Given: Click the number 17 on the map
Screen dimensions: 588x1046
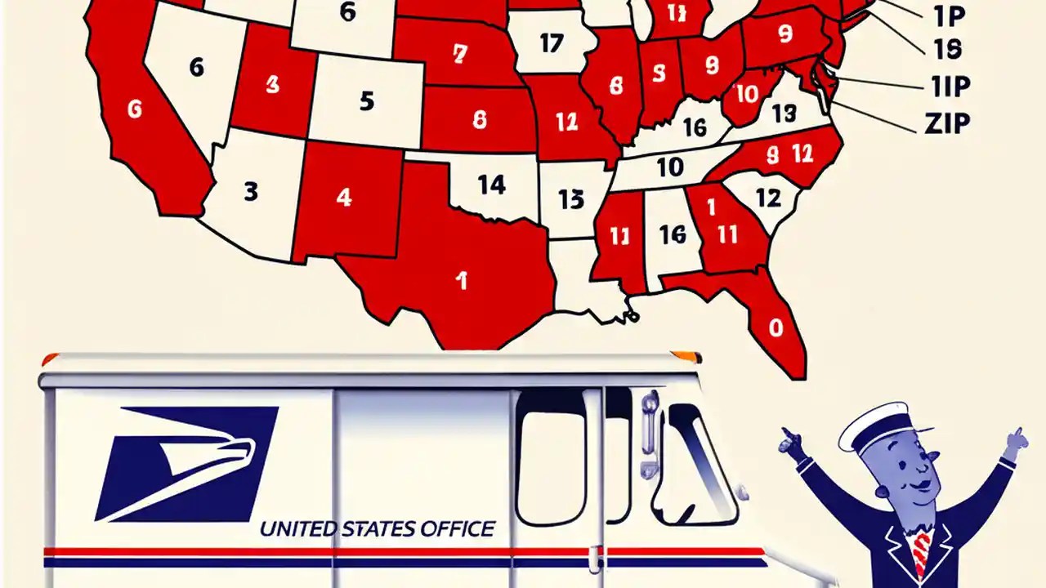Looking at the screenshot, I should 552,42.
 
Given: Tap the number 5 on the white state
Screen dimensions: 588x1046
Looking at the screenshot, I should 366,102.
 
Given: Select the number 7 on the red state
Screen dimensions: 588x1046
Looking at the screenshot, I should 460,55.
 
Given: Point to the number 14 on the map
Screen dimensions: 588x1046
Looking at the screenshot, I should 491,185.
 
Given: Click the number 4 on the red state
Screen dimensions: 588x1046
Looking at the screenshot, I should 344,197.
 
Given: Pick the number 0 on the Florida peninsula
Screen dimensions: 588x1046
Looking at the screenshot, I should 776,327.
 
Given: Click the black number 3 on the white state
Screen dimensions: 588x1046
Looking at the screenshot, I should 251,192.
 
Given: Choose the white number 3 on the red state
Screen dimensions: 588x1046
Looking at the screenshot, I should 273,84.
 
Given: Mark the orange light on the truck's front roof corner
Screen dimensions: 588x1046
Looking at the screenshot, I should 686,357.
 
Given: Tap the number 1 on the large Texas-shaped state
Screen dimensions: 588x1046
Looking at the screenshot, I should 462,281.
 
